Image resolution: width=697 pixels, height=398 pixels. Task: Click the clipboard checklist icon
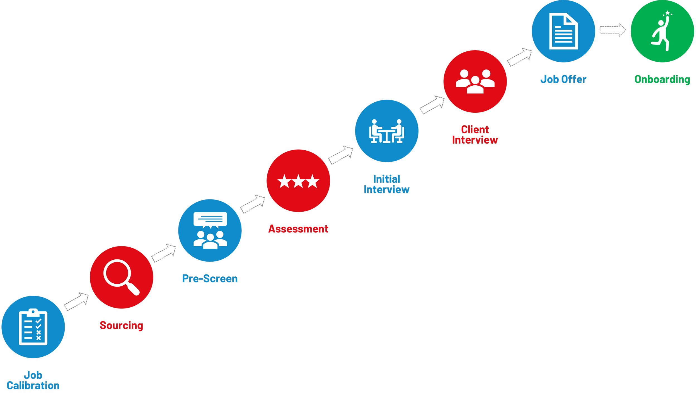click(x=33, y=327)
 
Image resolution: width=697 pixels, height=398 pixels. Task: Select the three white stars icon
click(x=298, y=181)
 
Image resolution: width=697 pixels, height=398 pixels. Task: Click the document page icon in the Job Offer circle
click(x=563, y=31)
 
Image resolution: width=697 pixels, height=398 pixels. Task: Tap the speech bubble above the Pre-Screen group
click(x=210, y=219)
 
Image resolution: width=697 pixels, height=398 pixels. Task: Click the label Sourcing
click(x=122, y=325)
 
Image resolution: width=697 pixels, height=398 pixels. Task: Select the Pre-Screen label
click(x=210, y=279)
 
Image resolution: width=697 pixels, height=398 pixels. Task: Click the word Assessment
click(x=298, y=229)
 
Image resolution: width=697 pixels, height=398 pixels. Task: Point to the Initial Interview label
click(x=387, y=184)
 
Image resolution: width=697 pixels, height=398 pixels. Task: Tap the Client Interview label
click(x=475, y=135)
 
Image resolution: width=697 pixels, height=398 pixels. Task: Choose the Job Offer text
click(x=563, y=79)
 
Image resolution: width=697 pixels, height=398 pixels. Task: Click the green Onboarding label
click(x=662, y=79)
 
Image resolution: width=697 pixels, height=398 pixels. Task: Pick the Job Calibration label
click(x=33, y=380)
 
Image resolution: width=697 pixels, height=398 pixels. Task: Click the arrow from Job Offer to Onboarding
click(x=613, y=30)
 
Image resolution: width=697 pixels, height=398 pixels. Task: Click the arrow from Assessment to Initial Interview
click(x=341, y=155)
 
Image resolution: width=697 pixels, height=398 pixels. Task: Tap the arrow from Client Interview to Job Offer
click(x=519, y=57)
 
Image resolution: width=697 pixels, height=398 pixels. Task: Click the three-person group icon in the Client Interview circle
click(x=475, y=81)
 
